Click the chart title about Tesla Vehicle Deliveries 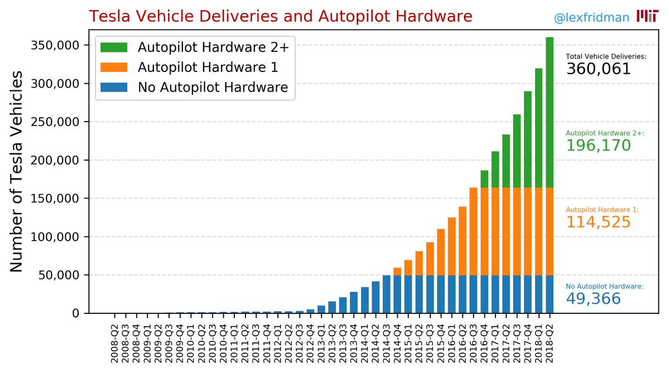(x=280, y=16)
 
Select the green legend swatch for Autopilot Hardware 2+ (x=114, y=47)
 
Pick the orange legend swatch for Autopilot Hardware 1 (x=114, y=67)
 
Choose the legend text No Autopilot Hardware (x=213, y=87)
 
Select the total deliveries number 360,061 (x=598, y=69)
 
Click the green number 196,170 (x=598, y=146)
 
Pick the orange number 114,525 (x=598, y=222)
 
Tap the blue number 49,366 (x=593, y=299)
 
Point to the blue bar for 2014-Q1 (x=365, y=300)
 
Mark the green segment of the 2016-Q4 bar (x=484, y=179)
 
